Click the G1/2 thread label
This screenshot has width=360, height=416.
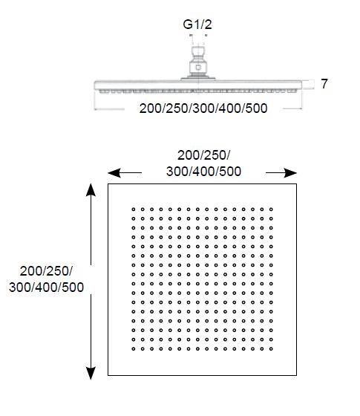coord(197,25)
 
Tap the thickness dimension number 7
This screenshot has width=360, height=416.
coord(324,83)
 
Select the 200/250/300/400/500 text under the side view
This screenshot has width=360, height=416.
coord(203,108)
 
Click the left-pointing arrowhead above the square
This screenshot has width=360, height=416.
coord(114,173)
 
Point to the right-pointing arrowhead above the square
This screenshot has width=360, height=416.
coord(290,173)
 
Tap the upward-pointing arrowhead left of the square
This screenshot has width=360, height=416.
coord(91,189)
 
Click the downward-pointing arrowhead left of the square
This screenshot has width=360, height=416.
coord(91,373)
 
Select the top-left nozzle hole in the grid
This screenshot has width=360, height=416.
coord(134,209)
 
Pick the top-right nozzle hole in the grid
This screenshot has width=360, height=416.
coord(271,209)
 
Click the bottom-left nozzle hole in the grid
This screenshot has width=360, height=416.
coord(134,349)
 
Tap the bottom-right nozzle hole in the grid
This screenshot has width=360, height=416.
coord(271,349)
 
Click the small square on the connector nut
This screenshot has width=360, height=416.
coord(198,68)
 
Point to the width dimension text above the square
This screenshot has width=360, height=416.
coord(203,163)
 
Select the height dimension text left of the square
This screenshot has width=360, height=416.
coord(46,279)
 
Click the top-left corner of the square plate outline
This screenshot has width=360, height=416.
coord(108,184)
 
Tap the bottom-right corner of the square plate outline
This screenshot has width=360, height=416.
coord(296,375)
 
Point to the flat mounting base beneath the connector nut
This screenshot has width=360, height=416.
coord(198,78)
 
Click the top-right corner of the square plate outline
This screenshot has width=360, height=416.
coord(296,184)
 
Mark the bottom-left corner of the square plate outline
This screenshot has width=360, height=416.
coord(108,375)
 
